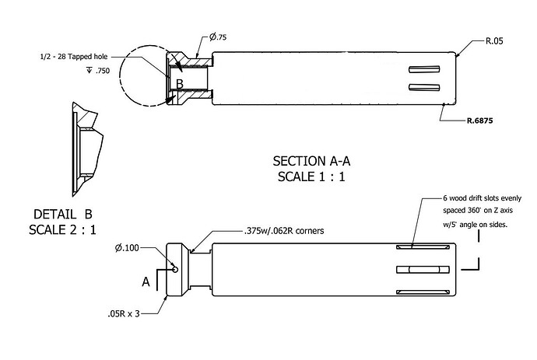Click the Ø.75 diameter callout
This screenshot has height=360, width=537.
click(x=218, y=37)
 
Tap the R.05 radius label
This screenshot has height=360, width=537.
click(x=494, y=41)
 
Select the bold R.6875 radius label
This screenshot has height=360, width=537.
click(x=480, y=121)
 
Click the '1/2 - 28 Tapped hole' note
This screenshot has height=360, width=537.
click(x=74, y=57)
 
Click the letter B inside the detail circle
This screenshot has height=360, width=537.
click(x=180, y=84)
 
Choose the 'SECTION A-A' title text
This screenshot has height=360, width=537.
click(x=311, y=161)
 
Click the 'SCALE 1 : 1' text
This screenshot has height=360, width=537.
click(x=311, y=177)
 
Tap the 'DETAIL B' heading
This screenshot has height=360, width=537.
click(x=63, y=215)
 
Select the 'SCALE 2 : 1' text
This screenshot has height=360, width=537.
click(x=63, y=229)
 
